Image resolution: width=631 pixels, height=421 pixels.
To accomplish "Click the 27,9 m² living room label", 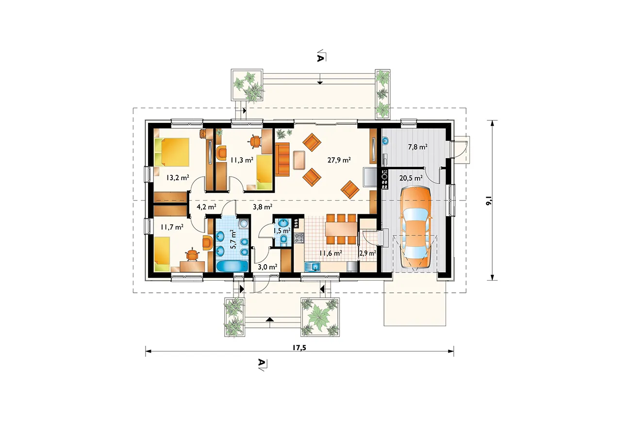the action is tap(339, 160).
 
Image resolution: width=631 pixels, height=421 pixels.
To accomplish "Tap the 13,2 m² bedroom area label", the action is tap(178, 178).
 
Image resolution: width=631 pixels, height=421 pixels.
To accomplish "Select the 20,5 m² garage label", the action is tap(411, 178).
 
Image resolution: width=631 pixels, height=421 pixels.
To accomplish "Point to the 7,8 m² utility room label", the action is tap(418, 147).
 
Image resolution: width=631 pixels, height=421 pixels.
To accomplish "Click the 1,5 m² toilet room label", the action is tap(282, 231).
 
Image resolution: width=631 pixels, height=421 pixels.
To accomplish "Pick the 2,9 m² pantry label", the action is tap(367, 253).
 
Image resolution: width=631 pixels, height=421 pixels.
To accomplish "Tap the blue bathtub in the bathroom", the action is tap(232, 266).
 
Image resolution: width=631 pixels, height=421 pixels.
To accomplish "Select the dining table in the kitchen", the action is tap(341, 229).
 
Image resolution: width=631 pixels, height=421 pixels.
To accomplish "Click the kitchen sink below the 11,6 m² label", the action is tap(313, 266).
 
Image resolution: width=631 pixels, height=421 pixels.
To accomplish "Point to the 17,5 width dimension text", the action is tap(299, 348).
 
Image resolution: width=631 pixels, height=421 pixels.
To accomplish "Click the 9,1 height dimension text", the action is tap(489, 201).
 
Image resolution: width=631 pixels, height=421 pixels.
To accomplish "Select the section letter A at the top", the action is tap(320, 58).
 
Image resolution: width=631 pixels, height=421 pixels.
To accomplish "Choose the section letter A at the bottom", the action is tap(262, 362).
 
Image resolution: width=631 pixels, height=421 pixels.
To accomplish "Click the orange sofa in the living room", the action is tap(282, 159).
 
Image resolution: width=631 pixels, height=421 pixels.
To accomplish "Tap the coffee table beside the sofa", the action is tap(299, 160).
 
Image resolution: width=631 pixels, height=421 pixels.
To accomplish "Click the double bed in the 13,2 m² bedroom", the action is tap(172, 152).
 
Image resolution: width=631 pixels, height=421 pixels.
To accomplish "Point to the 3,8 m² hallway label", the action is tap(263, 207).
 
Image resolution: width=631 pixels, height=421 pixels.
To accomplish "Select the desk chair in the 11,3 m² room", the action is tap(255, 141).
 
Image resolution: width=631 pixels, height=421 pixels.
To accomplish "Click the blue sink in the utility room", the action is tap(386, 140).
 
